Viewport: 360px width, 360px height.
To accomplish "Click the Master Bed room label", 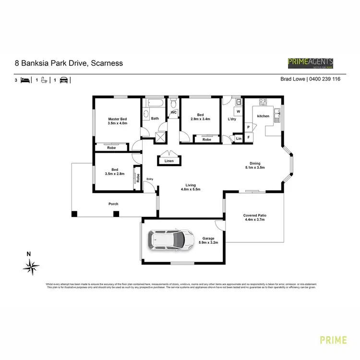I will pos(117,121).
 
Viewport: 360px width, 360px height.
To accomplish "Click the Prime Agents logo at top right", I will pos(310,63).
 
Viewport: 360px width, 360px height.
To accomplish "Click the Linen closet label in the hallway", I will pos(169,161).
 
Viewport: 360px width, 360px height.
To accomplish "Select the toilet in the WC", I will pos(174,103).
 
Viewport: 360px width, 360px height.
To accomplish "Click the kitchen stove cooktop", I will pos(263,102).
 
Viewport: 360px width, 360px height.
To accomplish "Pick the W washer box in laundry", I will pos(238,112).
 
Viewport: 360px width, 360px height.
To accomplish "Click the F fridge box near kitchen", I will pos(249,137).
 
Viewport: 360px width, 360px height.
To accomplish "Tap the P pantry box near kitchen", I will pos(249,127).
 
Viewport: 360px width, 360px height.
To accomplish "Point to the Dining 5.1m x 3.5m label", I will pos(254,165).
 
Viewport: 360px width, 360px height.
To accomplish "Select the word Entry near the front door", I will pos(150,180).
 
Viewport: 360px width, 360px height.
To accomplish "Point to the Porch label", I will pos(113,204).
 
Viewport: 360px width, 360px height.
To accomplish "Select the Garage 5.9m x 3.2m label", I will pos(208,240).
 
